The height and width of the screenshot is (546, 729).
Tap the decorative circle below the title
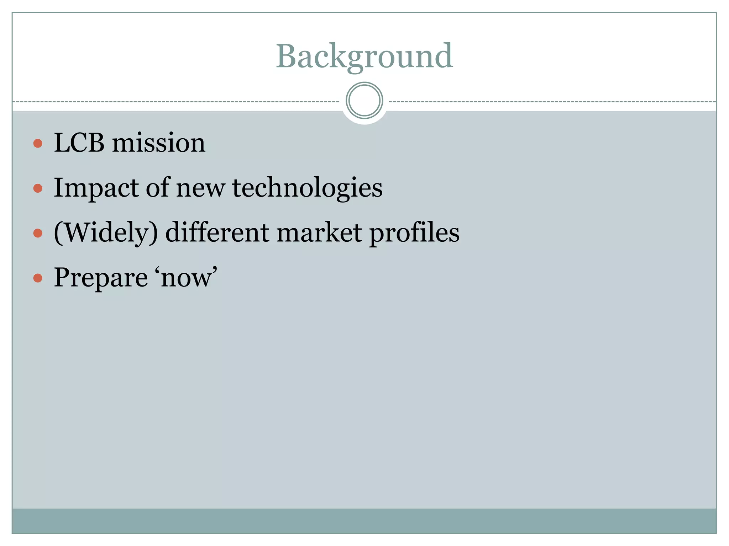point(364,101)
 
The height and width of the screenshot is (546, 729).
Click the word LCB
point(79,143)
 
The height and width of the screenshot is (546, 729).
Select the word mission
point(159,143)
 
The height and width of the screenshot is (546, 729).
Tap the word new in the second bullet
point(200,188)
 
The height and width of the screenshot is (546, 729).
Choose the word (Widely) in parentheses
point(106,233)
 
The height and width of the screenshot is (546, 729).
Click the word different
point(217,233)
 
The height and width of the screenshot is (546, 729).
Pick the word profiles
point(414,233)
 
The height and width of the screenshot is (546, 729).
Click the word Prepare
point(101,278)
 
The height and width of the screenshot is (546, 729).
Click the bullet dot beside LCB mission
point(38,144)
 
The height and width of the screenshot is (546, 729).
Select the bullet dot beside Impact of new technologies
point(38,188)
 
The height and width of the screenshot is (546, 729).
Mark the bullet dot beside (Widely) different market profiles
point(38,233)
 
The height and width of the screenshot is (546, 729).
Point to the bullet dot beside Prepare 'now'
point(38,278)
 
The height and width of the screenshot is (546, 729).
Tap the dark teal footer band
point(364,521)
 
